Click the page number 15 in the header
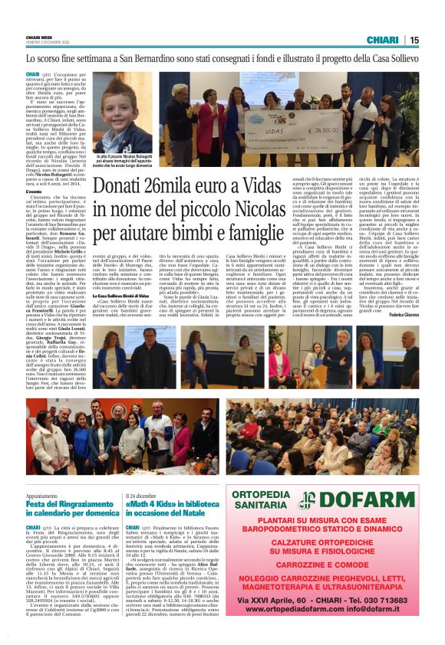(414, 40)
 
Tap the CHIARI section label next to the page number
(382, 40)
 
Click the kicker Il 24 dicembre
(143, 494)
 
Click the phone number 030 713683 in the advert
(388, 620)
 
